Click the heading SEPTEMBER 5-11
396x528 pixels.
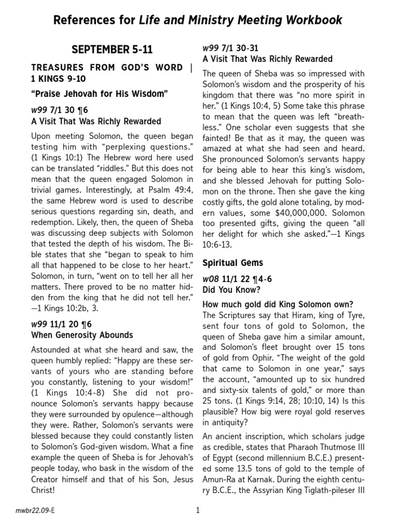tap(112, 50)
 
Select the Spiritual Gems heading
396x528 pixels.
tap(233, 262)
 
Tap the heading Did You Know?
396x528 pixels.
tap(227, 289)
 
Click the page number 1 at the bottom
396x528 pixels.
tap(197, 511)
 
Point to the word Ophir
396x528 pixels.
tap(271, 359)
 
